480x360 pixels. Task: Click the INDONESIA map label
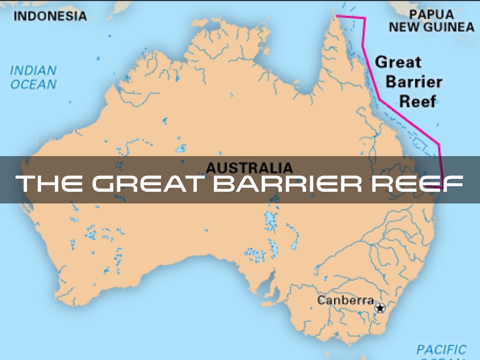[51, 16]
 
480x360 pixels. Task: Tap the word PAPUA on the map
[431, 14]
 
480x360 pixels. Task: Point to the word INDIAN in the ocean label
[33, 71]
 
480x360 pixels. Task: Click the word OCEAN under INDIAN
[33, 85]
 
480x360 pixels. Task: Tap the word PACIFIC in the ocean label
[441, 349]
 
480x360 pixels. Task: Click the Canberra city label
[345, 300]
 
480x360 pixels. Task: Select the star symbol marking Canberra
[380, 308]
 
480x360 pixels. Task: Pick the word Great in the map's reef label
[398, 62]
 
